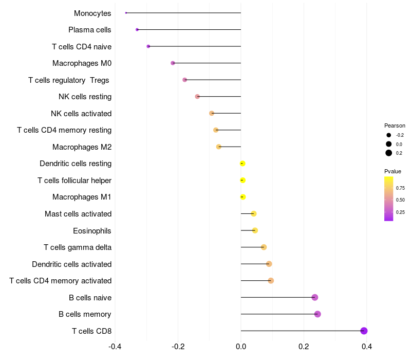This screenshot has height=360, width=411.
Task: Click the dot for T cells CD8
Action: point(364,331)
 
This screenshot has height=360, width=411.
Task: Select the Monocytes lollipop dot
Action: point(126,13)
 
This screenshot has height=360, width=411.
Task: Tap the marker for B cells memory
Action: point(317,314)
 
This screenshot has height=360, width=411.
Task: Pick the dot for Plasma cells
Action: point(137,29)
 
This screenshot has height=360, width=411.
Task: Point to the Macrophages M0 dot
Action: point(173,63)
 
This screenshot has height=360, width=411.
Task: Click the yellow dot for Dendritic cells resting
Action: point(242,164)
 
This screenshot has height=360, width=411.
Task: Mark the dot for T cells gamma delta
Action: point(264,247)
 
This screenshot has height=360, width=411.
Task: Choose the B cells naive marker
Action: point(315,297)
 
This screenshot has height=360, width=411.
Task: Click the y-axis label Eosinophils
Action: point(92,230)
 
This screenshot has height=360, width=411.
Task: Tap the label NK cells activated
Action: point(81,113)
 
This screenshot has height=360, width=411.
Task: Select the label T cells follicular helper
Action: point(74,181)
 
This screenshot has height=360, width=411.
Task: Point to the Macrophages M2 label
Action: point(82,147)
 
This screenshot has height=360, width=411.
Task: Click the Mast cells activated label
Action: point(78,214)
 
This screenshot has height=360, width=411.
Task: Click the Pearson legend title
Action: point(395,125)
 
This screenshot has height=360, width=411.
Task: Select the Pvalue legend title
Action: point(393,171)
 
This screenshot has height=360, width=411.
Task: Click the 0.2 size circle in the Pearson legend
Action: point(389,153)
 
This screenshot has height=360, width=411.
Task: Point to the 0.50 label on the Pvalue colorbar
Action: point(400,200)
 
